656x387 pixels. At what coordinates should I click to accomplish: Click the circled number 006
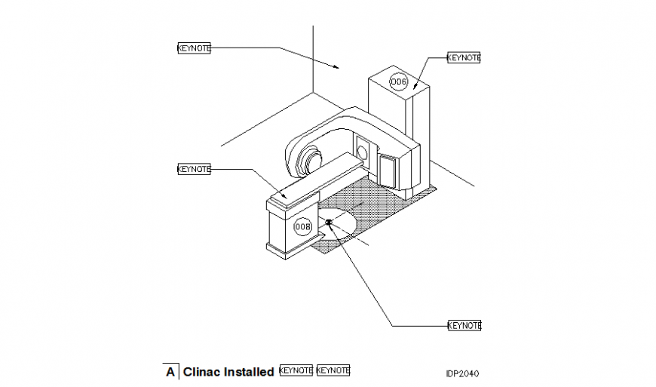click(398, 81)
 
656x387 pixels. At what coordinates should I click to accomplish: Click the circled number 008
click(303, 226)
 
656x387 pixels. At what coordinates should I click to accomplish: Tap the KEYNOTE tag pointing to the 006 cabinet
click(464, 57)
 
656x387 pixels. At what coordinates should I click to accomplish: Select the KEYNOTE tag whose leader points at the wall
click(194, 48)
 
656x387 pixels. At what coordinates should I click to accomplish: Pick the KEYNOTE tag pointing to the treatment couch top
click(194, 169)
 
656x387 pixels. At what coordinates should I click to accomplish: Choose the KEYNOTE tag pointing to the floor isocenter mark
click(464, 325)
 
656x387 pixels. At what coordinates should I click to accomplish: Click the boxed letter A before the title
click(170, 371)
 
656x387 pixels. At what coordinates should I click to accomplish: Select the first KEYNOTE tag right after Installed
click(296, 370)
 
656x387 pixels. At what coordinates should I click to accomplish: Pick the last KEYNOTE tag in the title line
click(333, 370)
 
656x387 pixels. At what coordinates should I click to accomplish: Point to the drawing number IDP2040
click(462, 373)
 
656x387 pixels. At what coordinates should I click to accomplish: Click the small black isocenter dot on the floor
click(329, 222)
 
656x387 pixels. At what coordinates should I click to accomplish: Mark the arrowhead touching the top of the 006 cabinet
click(415, 88)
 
